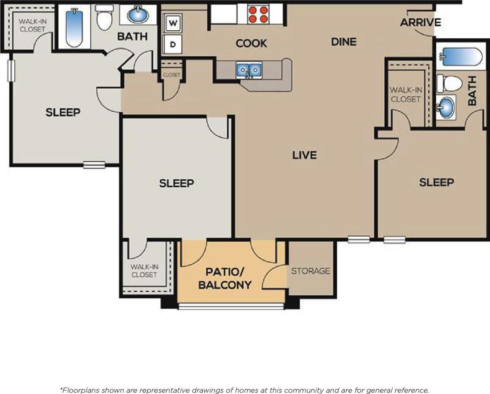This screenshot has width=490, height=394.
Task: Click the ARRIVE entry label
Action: (420, 22)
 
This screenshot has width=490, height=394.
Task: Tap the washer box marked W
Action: (172, 22)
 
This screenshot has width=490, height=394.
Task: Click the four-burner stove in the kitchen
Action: (258, 14)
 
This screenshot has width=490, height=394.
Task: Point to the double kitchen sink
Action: (249, 70)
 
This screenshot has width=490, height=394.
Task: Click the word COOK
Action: (251, 43)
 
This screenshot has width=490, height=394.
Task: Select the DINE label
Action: (344, 42)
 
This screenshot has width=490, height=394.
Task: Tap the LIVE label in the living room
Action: (305, 155)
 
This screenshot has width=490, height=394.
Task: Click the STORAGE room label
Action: (310, 271)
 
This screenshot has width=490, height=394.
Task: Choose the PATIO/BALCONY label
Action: (225, 278)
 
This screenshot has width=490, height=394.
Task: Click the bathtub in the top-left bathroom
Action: (74, 28)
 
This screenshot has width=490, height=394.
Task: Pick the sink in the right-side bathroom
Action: (446, 108)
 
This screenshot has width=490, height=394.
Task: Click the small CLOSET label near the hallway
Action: (171, 75)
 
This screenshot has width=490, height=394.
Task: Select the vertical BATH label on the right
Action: (472, 90)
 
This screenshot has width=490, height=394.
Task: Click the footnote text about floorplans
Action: (245, 390)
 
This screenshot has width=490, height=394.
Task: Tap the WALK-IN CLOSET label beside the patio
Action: (144, 271)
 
